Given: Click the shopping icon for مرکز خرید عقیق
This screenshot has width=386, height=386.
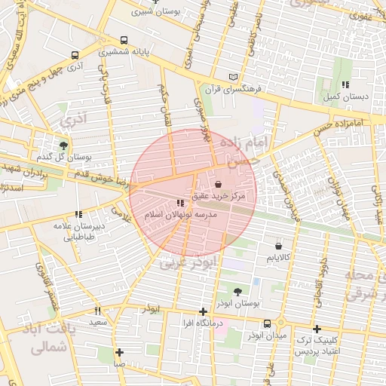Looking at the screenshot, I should click(x=218, y=184).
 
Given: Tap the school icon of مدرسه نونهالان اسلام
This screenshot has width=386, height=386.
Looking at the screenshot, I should click(x=179, y=203).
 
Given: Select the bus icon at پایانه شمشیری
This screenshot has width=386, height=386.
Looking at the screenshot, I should click(x=124, y=41).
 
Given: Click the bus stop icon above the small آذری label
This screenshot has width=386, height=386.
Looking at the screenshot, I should click(x=74, y=55).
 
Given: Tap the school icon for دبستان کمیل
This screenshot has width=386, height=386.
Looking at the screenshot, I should click(x=345, y=85).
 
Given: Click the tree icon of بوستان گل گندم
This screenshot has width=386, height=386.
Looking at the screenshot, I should click(x=63, y=145).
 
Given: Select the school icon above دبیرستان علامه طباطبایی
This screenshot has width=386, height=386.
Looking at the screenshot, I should click(x=78, y=214).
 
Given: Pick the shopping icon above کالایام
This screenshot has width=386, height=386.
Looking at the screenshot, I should click(x=279, y=246).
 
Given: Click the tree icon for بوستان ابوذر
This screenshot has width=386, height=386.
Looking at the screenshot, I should click(x=238, y=291).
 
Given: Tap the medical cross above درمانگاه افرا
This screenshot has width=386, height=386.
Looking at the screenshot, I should click(x=203, y=311).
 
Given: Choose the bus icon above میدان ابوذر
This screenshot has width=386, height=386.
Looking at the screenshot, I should click(x=267, y=324).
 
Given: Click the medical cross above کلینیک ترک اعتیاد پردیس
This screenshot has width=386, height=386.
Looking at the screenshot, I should click(x=317, y=329).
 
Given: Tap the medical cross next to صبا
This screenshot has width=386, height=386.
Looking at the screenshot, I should click(x=119, y=351).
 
